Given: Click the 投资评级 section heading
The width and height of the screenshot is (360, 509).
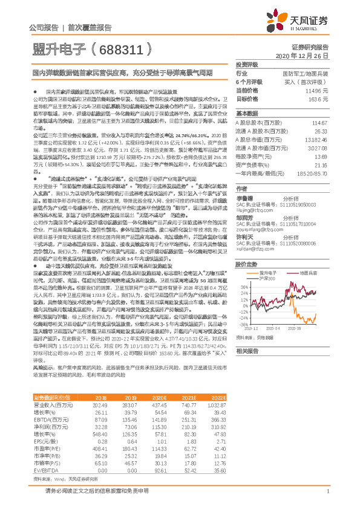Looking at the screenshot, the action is (x=247, y=64).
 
